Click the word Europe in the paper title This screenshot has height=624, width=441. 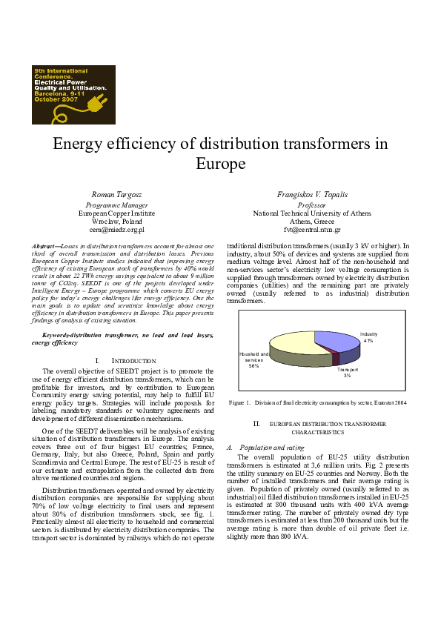220,163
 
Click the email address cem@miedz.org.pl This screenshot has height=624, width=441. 116,230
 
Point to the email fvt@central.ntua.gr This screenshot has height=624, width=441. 311,230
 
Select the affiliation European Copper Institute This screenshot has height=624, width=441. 116,213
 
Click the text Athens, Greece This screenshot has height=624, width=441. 311,222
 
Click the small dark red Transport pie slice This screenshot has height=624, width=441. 335,359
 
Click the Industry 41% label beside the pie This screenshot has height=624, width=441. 368,338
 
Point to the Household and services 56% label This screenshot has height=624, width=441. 254,359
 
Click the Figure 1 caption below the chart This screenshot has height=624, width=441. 317,402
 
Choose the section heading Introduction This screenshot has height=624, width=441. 123,360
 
